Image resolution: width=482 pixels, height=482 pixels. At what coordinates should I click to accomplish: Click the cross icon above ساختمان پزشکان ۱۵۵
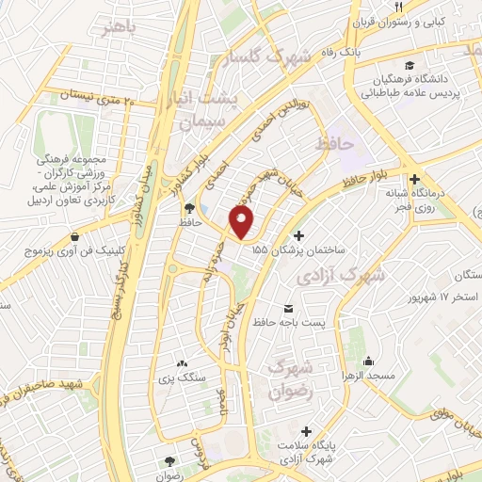[x=299, y=235]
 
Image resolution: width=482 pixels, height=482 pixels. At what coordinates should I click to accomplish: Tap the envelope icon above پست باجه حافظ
[x=287, y=309]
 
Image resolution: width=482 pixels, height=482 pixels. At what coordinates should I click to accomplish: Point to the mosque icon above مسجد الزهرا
[x=367, y=361]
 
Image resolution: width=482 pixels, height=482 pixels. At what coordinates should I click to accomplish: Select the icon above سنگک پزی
[x=182, y=363]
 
